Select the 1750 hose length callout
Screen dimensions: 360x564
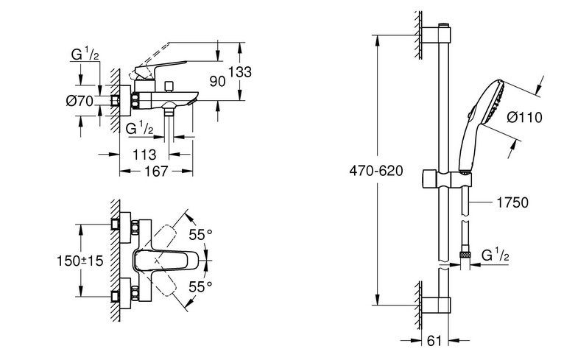pos(512,202)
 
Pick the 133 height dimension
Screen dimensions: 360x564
pos(240,71)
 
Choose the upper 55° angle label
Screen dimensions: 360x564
pos(201,235)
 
